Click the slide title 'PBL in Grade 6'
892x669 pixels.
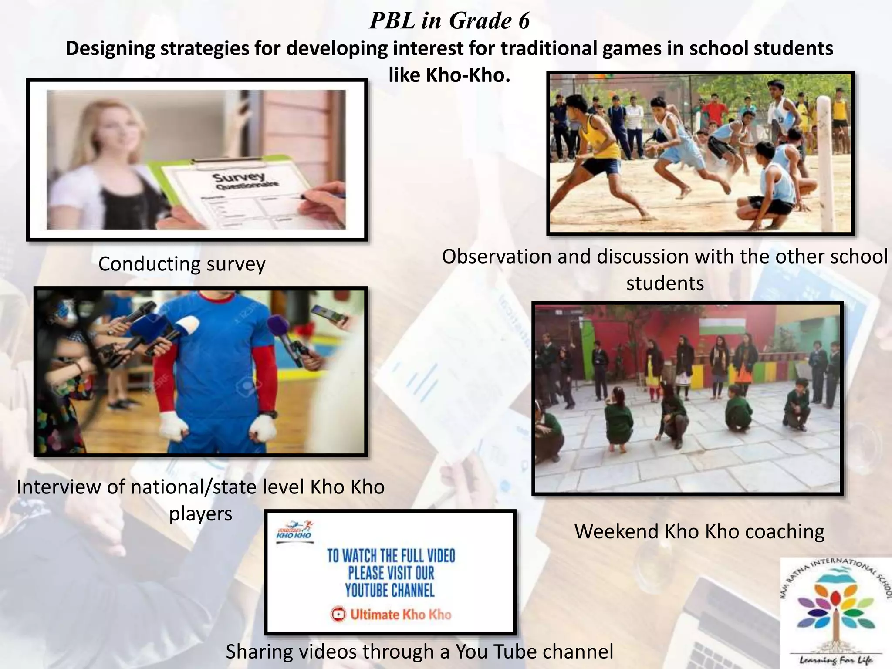449,20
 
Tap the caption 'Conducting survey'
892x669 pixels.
182,264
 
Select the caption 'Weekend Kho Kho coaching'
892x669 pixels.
699,531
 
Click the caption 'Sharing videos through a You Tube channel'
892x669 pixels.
419,652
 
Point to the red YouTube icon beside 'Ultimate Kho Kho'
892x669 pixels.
338,615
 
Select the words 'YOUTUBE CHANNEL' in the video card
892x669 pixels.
390,591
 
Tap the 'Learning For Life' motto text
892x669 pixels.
836,660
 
